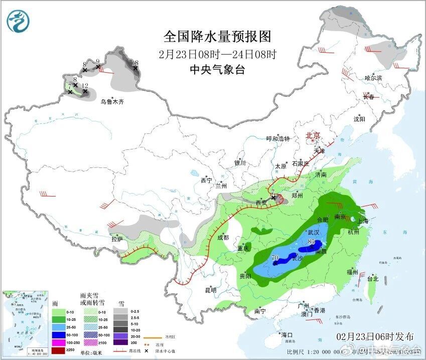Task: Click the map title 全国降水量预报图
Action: coord(217,36)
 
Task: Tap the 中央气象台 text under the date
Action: coord(217,70)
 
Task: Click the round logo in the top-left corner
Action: coord(18,21)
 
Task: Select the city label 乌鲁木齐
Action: coord(111,101)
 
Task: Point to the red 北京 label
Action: coord(313,135)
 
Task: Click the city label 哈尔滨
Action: coord(373,78)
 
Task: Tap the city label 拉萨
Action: coord(117,239)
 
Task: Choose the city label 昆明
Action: coord(210,290)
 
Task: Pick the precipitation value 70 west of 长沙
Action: coord(274,258)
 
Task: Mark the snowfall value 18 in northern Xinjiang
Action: coord(134,63)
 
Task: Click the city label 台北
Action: coord(372,279)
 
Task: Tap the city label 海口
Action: coord(287,334)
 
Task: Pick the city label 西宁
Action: coord(206,180)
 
